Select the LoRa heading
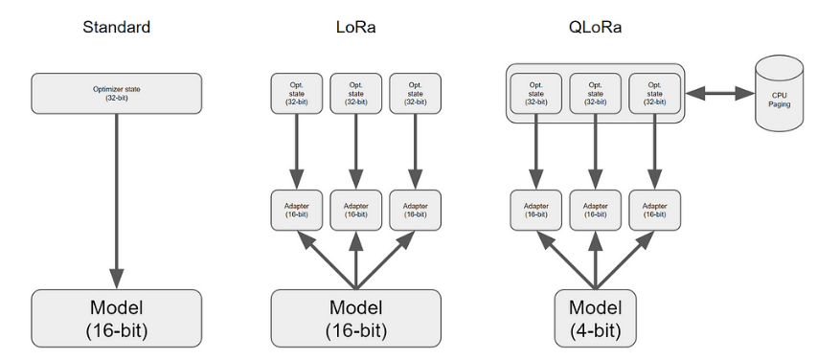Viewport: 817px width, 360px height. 356,27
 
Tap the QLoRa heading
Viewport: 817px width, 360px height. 596,27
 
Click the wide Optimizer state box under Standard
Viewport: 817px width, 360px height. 118,93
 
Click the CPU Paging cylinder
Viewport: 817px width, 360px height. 779,95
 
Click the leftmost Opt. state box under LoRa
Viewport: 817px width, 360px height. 296,93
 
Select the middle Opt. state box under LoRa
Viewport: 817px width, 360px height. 356,93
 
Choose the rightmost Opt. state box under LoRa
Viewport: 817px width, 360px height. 416,93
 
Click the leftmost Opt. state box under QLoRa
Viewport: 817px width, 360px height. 535,93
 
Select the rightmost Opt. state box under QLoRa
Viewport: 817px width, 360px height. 655,93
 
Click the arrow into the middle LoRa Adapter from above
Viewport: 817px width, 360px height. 356,153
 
